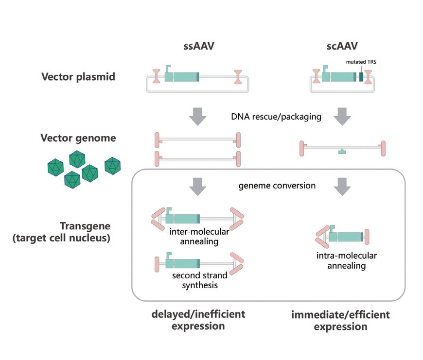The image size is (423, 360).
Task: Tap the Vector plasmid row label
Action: click(78, 77)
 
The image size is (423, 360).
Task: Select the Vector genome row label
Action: click(79, 138)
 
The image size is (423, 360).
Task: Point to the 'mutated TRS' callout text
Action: click(360, 62)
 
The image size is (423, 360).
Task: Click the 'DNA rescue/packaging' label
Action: click(276, 117)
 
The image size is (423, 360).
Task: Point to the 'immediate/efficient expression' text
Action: click(340, 321)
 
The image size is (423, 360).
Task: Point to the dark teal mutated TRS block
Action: click(361, 77)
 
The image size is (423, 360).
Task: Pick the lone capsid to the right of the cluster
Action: click(113, 166)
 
